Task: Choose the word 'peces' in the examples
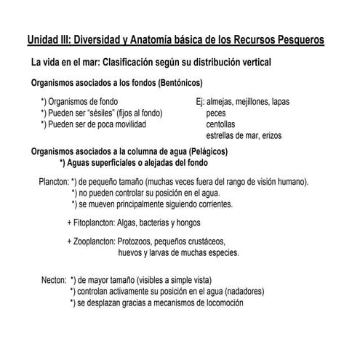coord(216,113)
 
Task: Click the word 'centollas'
coord(222,124)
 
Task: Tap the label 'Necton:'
coord(55,279)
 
